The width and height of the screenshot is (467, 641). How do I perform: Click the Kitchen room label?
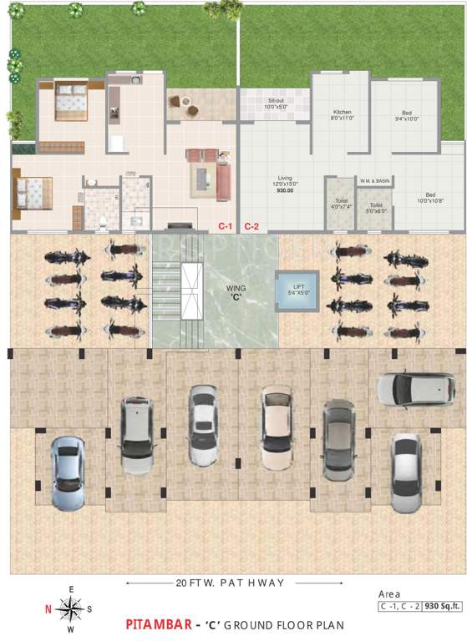(x=342, y=114)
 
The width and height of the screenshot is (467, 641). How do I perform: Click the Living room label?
(x=285, y=183)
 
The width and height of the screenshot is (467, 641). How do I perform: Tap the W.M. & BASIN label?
(x=375, y=180)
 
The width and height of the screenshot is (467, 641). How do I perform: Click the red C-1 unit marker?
(x=225, y=226)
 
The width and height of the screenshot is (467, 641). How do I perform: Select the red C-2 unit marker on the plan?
(x=251, y=226)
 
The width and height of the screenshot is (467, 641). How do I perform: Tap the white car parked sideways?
(x=404, y=387)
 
